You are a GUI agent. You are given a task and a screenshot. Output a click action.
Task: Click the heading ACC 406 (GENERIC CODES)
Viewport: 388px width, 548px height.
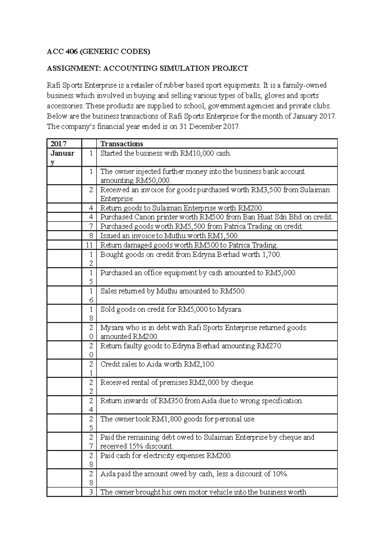[99, 51]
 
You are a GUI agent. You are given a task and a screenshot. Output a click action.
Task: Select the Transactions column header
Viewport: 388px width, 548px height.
[122, 144]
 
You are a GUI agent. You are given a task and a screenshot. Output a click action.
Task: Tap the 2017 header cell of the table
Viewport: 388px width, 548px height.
[57, 144]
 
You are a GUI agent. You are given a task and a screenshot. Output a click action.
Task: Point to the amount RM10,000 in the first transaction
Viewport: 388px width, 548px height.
[196, 153]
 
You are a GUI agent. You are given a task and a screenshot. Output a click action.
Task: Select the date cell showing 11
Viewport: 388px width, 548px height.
[89, 245]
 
